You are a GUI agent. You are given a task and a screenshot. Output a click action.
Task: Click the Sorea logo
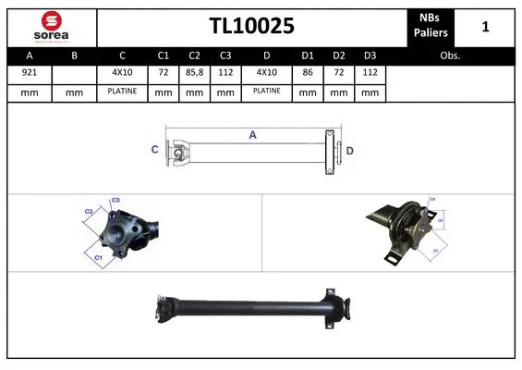51,26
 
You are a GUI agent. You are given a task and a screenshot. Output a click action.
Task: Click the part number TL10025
250,27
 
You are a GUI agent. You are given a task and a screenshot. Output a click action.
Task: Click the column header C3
225,55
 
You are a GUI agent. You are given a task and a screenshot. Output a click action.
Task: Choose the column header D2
339,55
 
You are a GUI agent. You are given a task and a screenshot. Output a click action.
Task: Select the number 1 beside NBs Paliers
485,27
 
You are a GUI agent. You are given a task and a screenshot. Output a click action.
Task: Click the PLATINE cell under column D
267,92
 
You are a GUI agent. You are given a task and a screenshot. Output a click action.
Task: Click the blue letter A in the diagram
252,135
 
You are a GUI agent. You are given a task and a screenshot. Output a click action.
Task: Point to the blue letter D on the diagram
350,150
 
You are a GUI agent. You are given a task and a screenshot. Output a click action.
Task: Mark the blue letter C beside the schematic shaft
154,149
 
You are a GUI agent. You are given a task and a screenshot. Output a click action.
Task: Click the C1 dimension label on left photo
98,256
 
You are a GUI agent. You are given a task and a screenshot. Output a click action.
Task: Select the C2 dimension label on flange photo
89,211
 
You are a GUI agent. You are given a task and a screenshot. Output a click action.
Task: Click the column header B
75,55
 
